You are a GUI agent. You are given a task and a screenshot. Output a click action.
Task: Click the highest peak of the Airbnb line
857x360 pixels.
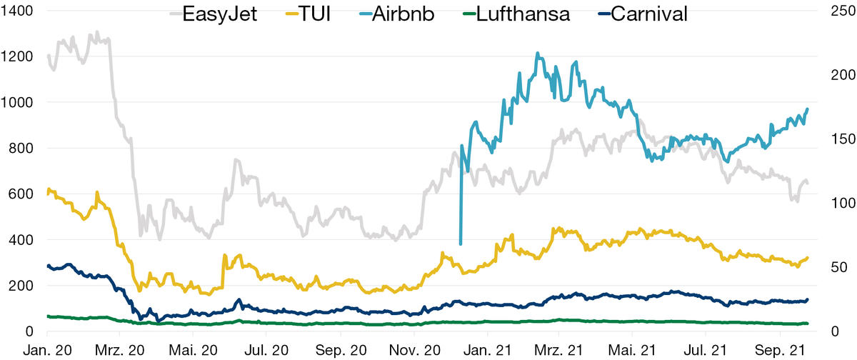point(537,53)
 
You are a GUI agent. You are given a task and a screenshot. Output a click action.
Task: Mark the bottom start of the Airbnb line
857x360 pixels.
point(461,244)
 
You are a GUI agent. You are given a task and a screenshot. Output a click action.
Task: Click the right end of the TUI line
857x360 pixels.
point(807,258)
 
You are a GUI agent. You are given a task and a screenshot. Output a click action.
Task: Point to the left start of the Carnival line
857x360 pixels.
point(47,266)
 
